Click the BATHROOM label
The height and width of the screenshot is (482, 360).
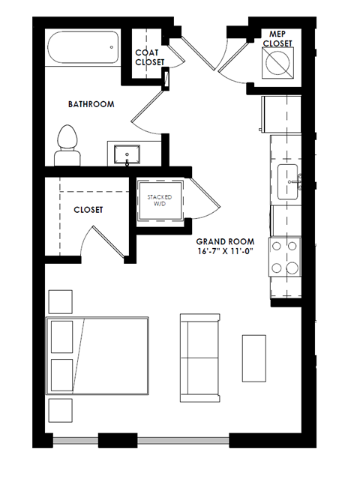coord(91,104)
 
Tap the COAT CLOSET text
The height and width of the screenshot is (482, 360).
coord(150,57)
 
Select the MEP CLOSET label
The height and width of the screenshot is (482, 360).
coord(277,39)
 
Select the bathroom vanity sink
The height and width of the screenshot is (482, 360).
coord(127,153)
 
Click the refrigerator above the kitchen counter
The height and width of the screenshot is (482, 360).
coord(279,113)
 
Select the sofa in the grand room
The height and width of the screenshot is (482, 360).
coord(199,352)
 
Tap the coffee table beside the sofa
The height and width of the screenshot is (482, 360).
coord(253,356)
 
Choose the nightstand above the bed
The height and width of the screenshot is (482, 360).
coord(60,301)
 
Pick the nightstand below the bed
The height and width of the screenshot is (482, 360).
coord(60,411)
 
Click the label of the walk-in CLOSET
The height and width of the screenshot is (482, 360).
coord(88,211)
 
